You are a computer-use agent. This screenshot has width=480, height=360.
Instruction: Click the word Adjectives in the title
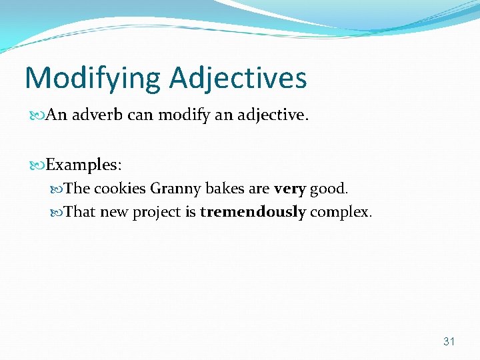(x=238, y=79)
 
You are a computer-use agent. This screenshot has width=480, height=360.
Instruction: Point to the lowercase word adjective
(x=269, y=115)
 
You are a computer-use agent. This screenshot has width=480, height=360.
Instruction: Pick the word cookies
(x=119, y=189)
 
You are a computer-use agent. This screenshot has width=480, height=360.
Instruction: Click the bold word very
(x=289, y=189)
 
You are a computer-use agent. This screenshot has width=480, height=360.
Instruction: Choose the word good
(x=329, y=189)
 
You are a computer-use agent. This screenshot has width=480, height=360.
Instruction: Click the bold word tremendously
(x=253, y=212)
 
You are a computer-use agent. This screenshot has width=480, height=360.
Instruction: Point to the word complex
(x=341, y=213)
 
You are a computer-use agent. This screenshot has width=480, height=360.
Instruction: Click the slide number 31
(x=449, y=341)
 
